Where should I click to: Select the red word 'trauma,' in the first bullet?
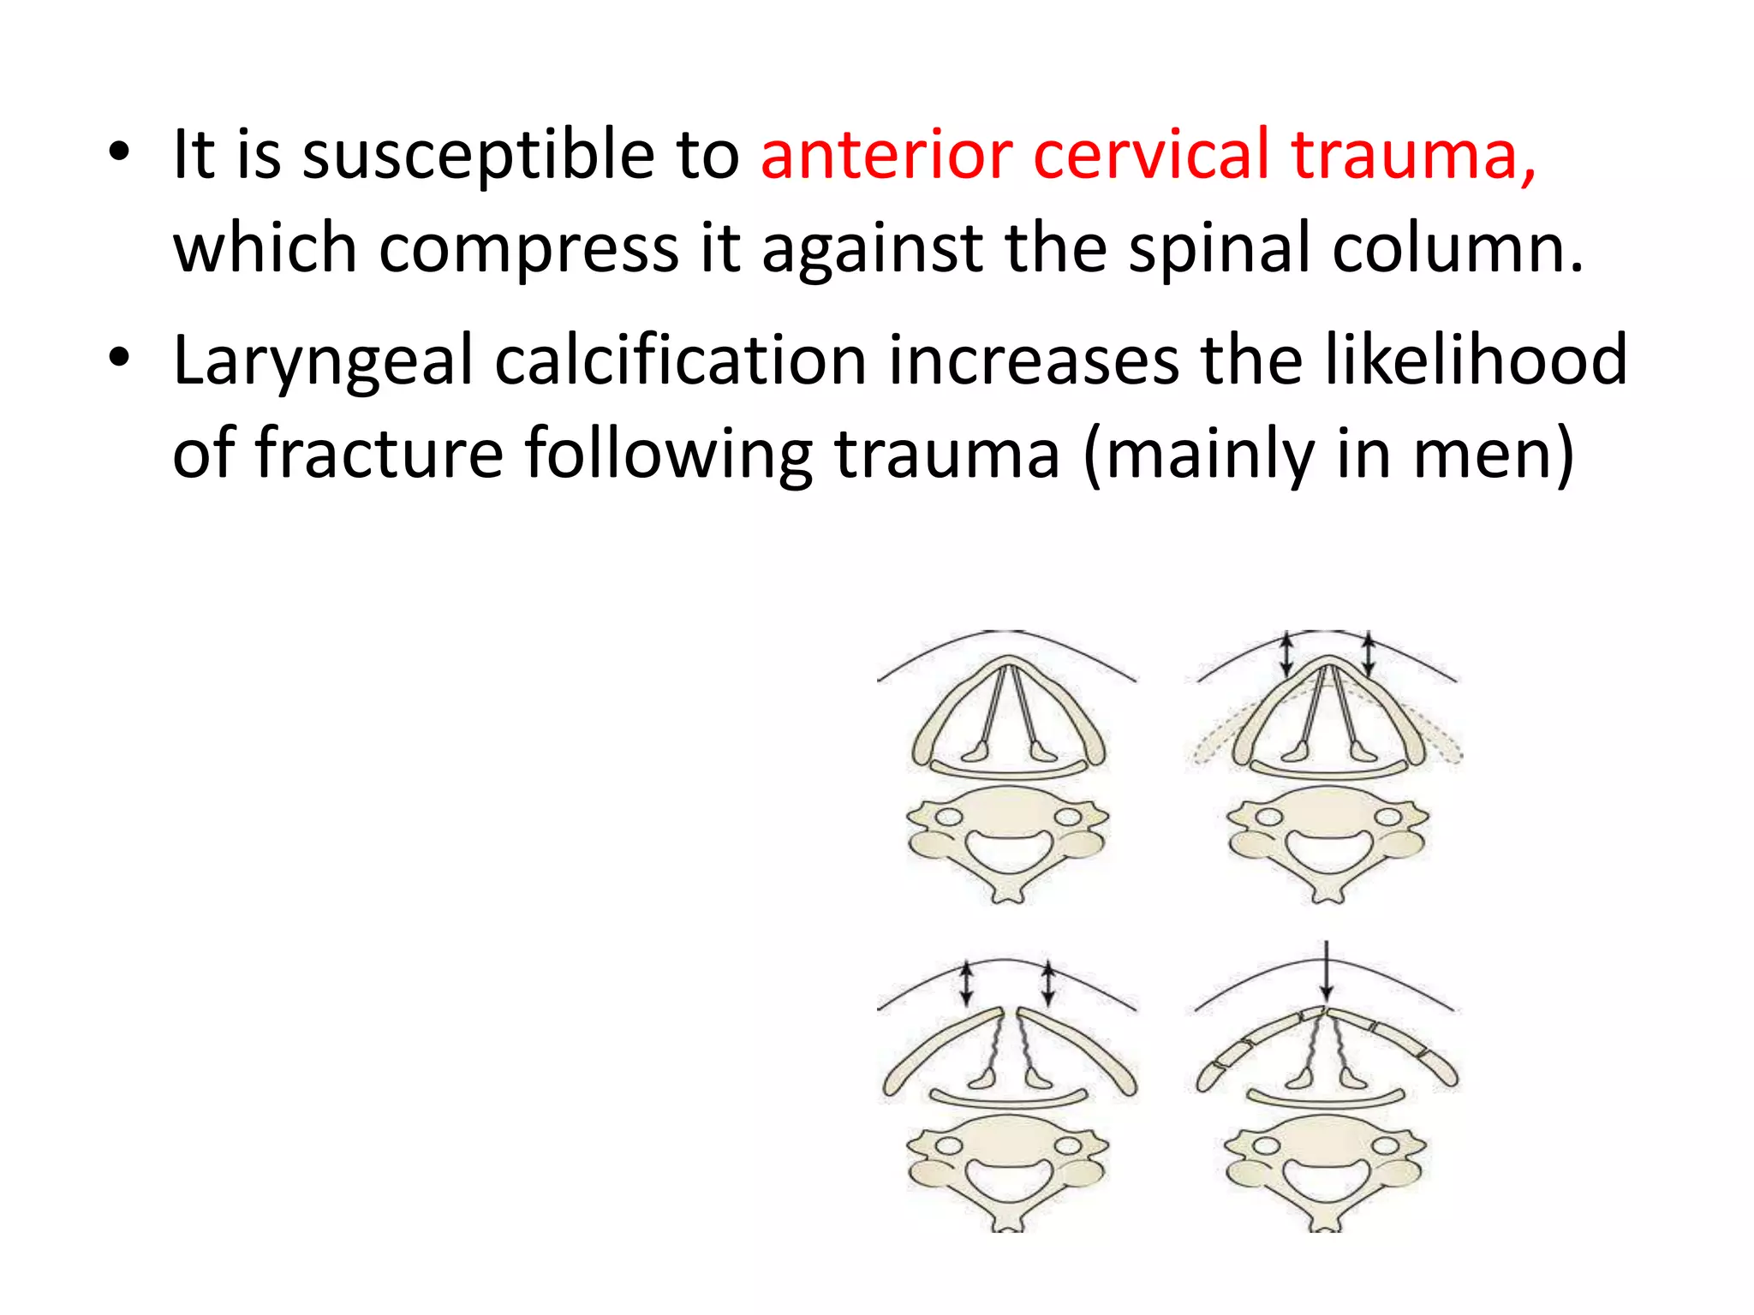coord(1414,157)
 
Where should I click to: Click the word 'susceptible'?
coord(479,157)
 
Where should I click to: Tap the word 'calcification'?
coord(680,360)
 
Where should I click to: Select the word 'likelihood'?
coord(1476,360)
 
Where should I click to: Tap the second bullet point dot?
coord(119,358)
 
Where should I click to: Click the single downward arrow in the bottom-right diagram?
coord(1326,971)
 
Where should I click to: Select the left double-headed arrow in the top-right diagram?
coord(1286,655)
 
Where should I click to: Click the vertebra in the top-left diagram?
coord(1008,842)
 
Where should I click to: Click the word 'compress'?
coord(528,250)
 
